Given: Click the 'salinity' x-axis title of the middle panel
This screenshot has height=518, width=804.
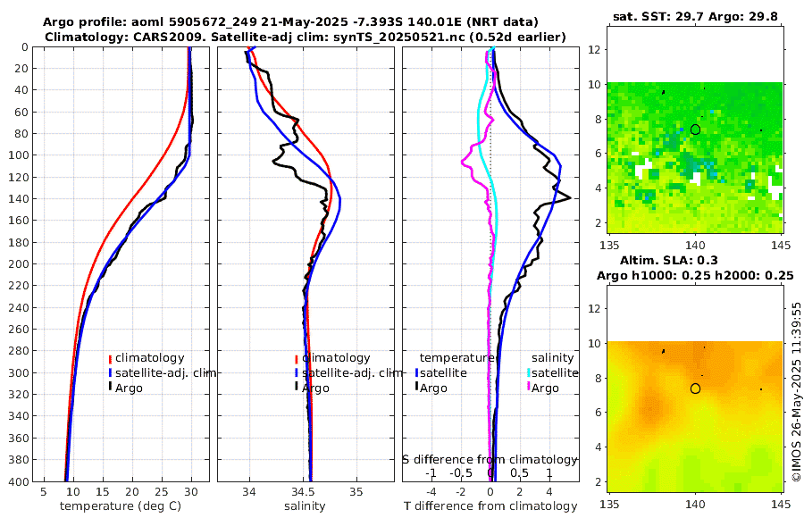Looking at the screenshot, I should coord(305,506).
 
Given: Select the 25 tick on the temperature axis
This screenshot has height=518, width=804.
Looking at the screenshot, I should coord(162,491).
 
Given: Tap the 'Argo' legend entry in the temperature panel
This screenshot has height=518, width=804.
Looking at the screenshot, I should coord(129,388).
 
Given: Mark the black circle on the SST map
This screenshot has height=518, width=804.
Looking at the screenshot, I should coord(695,129).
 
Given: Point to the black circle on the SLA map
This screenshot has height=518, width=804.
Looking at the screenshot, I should coord(695,388).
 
